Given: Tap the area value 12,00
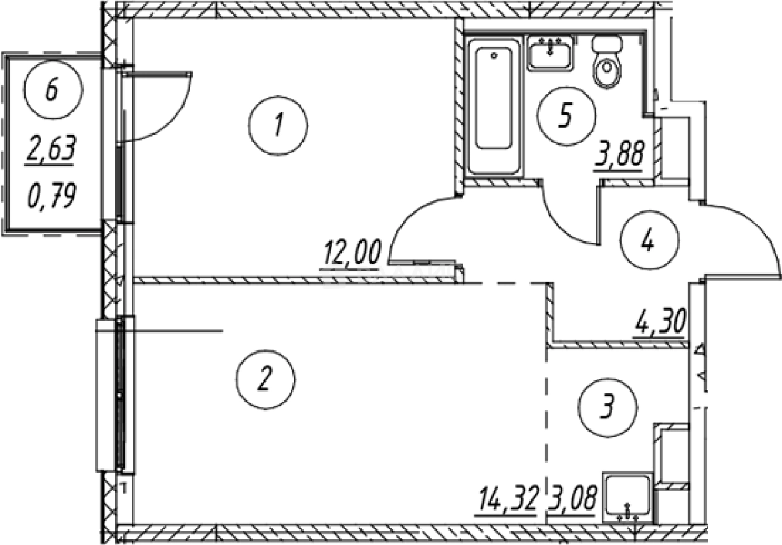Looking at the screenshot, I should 352,255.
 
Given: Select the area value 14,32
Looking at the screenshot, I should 508,501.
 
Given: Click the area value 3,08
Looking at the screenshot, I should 572,501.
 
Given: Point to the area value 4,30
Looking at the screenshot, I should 659,324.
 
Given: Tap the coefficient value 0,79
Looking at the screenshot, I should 51,198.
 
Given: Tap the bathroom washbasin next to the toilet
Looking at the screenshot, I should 550,52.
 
